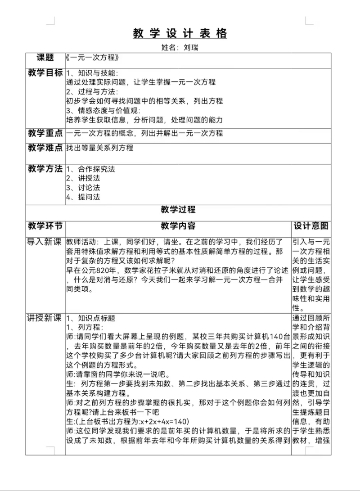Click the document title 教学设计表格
(180, 33)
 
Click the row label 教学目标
(45, 73)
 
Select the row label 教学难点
(45, 148)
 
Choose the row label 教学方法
(45, 169)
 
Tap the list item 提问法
(89, 197)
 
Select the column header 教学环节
(45, 226)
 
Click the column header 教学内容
(178, 226)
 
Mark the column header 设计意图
(311, 226)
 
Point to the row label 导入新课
(45, 242)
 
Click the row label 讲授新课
(45, 318)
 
